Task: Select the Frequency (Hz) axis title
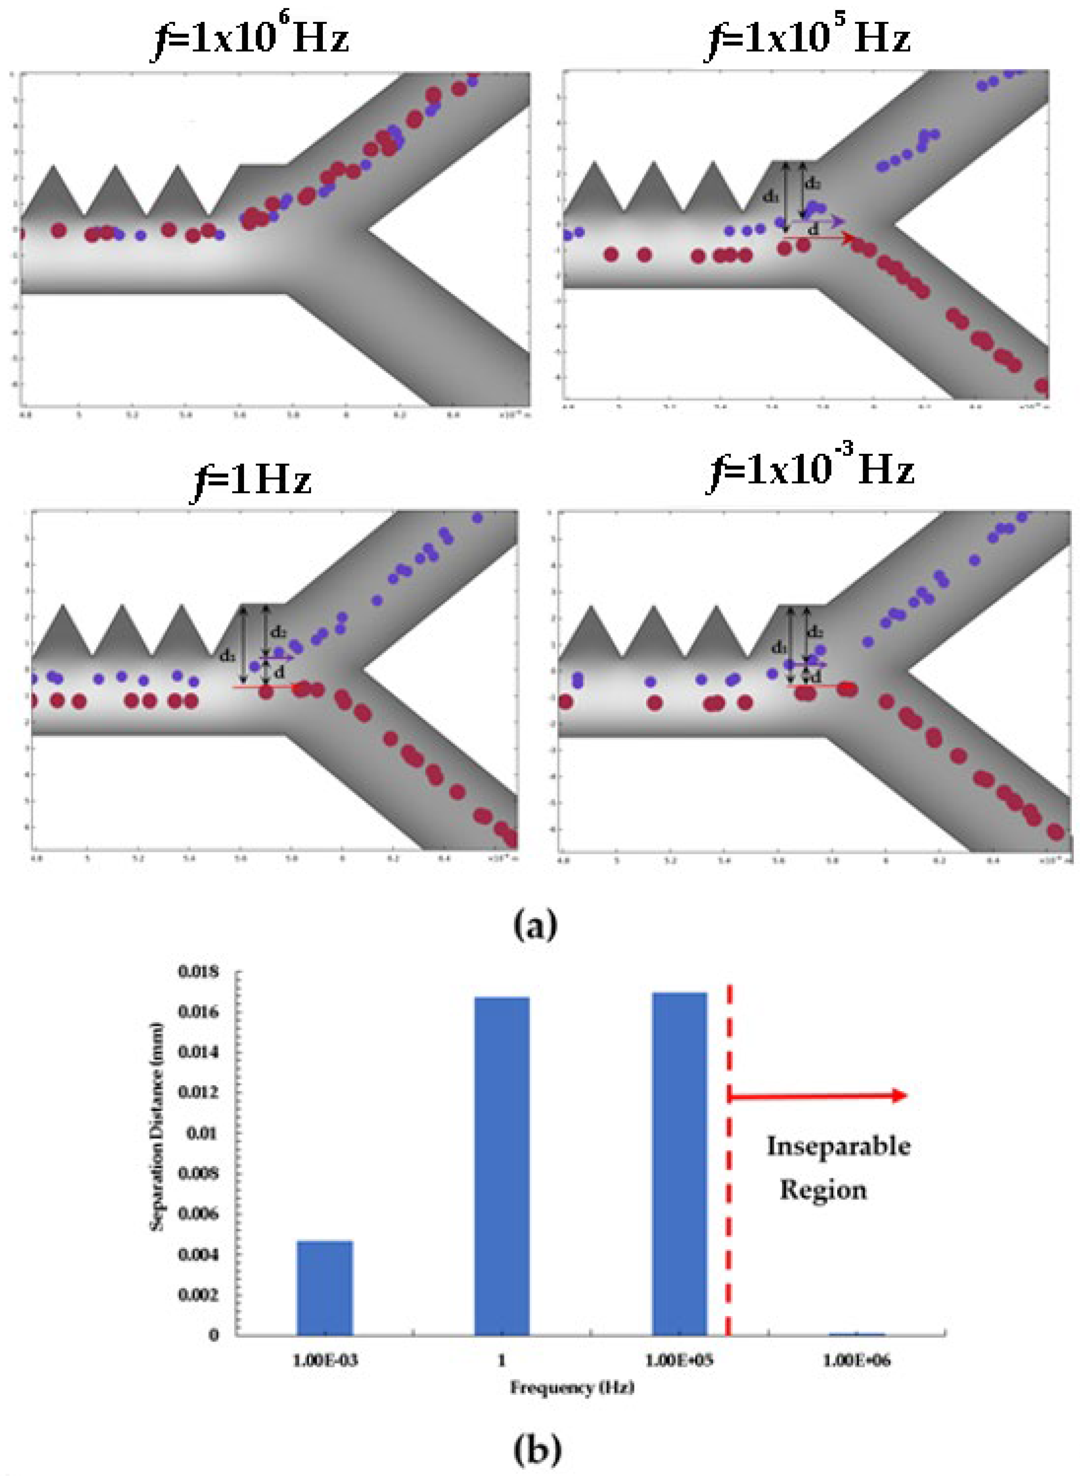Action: coord(572,1387)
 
